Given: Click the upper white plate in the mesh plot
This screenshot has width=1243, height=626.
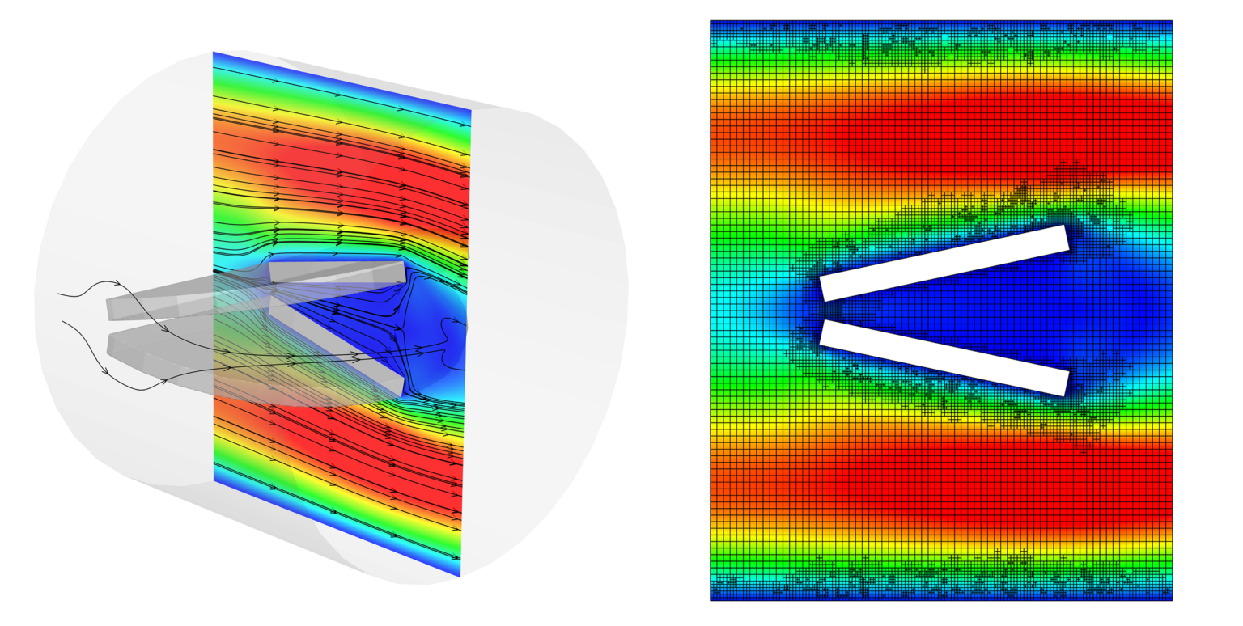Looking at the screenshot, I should point(944,263).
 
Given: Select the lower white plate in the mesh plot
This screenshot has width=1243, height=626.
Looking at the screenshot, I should point(944,357).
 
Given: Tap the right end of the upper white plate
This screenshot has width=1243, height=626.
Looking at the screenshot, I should point(1067,239).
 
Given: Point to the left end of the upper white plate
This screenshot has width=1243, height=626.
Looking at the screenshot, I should point(824,289).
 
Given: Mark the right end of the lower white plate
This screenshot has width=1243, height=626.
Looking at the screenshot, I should point(1067,383).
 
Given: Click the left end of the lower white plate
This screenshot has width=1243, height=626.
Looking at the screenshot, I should point(824,332).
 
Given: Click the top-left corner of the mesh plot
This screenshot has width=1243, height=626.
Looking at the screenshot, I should point(711,21).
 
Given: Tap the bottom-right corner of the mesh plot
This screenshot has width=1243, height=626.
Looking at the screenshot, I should point(1172,600).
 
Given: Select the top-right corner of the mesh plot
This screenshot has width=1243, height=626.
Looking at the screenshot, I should point(1172,21).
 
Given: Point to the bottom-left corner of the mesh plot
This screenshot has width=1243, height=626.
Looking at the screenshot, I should point(711,600).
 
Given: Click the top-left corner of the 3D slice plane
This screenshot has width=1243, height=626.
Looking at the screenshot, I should point(214,52).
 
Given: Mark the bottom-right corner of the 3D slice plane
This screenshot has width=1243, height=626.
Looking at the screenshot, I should point(460,577).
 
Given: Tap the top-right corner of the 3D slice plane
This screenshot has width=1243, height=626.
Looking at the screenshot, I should point(471,110).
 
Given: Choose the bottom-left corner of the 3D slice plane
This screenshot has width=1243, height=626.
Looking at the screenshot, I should point(214,481).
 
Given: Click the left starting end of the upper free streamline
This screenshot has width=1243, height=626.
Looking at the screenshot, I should point(58,294).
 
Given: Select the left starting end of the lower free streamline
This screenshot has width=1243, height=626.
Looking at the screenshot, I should point(63,321).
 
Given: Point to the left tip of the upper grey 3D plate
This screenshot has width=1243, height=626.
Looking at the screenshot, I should point(108,308).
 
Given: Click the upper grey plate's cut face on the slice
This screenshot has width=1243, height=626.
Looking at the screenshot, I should point(337,271).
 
